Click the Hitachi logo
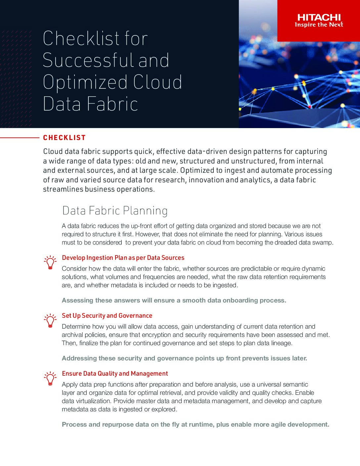[x=319, y=18]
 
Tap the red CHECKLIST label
[x=65, y=138]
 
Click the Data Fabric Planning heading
[x=115, y=210]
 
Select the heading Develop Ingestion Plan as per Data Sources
[x=123, y=258]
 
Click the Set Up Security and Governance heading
[x=107, y=316]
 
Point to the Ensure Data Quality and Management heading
[x=115, y=374]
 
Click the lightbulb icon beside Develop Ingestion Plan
[x=50, y=262]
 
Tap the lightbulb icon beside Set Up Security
[x=50, y=320]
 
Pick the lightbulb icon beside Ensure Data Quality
[x=50, y=378]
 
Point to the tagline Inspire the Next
[x=319, y=25]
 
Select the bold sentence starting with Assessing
[x=174, y=301]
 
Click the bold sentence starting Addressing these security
[x=184, y=358]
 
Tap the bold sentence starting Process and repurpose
[x=195, y=425]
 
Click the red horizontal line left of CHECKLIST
[x=20, y=137]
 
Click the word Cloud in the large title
[x=157, y=82]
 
